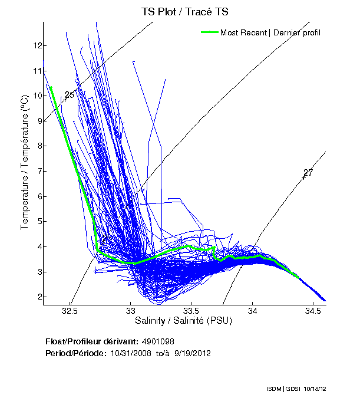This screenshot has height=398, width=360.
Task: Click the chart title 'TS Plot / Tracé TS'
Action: [185, 11]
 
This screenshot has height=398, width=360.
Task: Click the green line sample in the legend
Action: [209, 32]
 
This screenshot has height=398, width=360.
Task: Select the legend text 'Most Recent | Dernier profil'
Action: [270, 32]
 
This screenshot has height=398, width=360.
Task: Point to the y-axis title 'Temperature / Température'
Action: [25, 163]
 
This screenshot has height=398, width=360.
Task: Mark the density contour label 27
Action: [308, 173]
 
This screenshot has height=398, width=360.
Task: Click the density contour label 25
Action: [70, 95]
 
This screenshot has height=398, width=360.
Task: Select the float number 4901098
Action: [157, 341]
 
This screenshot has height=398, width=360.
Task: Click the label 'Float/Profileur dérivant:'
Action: [91, 341]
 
